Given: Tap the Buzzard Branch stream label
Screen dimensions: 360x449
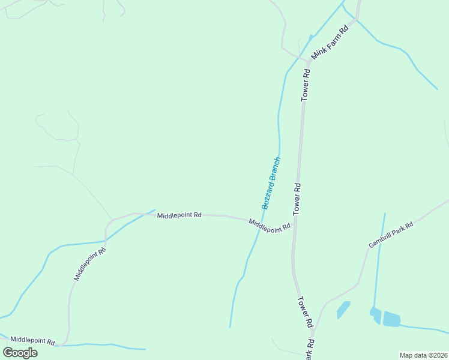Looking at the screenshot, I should point(271,183).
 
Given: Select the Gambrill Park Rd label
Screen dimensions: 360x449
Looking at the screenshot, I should point(391,235).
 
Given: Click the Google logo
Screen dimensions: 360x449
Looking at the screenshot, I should point(20,352).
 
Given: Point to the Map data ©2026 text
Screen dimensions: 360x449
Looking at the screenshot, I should point(423,355).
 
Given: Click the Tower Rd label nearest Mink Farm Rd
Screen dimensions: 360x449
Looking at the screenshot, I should point(306,85).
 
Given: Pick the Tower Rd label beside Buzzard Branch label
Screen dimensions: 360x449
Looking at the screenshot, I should point(297,199).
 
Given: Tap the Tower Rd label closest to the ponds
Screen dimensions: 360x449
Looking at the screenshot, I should point(306,311).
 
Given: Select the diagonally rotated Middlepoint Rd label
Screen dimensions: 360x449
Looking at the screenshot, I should point(90,265).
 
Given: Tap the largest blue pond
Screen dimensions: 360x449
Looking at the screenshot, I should point(391,319).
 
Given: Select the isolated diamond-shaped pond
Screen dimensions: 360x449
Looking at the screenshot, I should point(343,310).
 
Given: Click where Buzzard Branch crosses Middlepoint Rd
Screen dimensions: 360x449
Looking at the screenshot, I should point(260,221).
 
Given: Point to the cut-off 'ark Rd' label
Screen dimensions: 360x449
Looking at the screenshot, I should point(310,350).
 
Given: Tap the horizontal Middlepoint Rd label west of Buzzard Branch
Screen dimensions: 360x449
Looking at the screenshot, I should point(179,215).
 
